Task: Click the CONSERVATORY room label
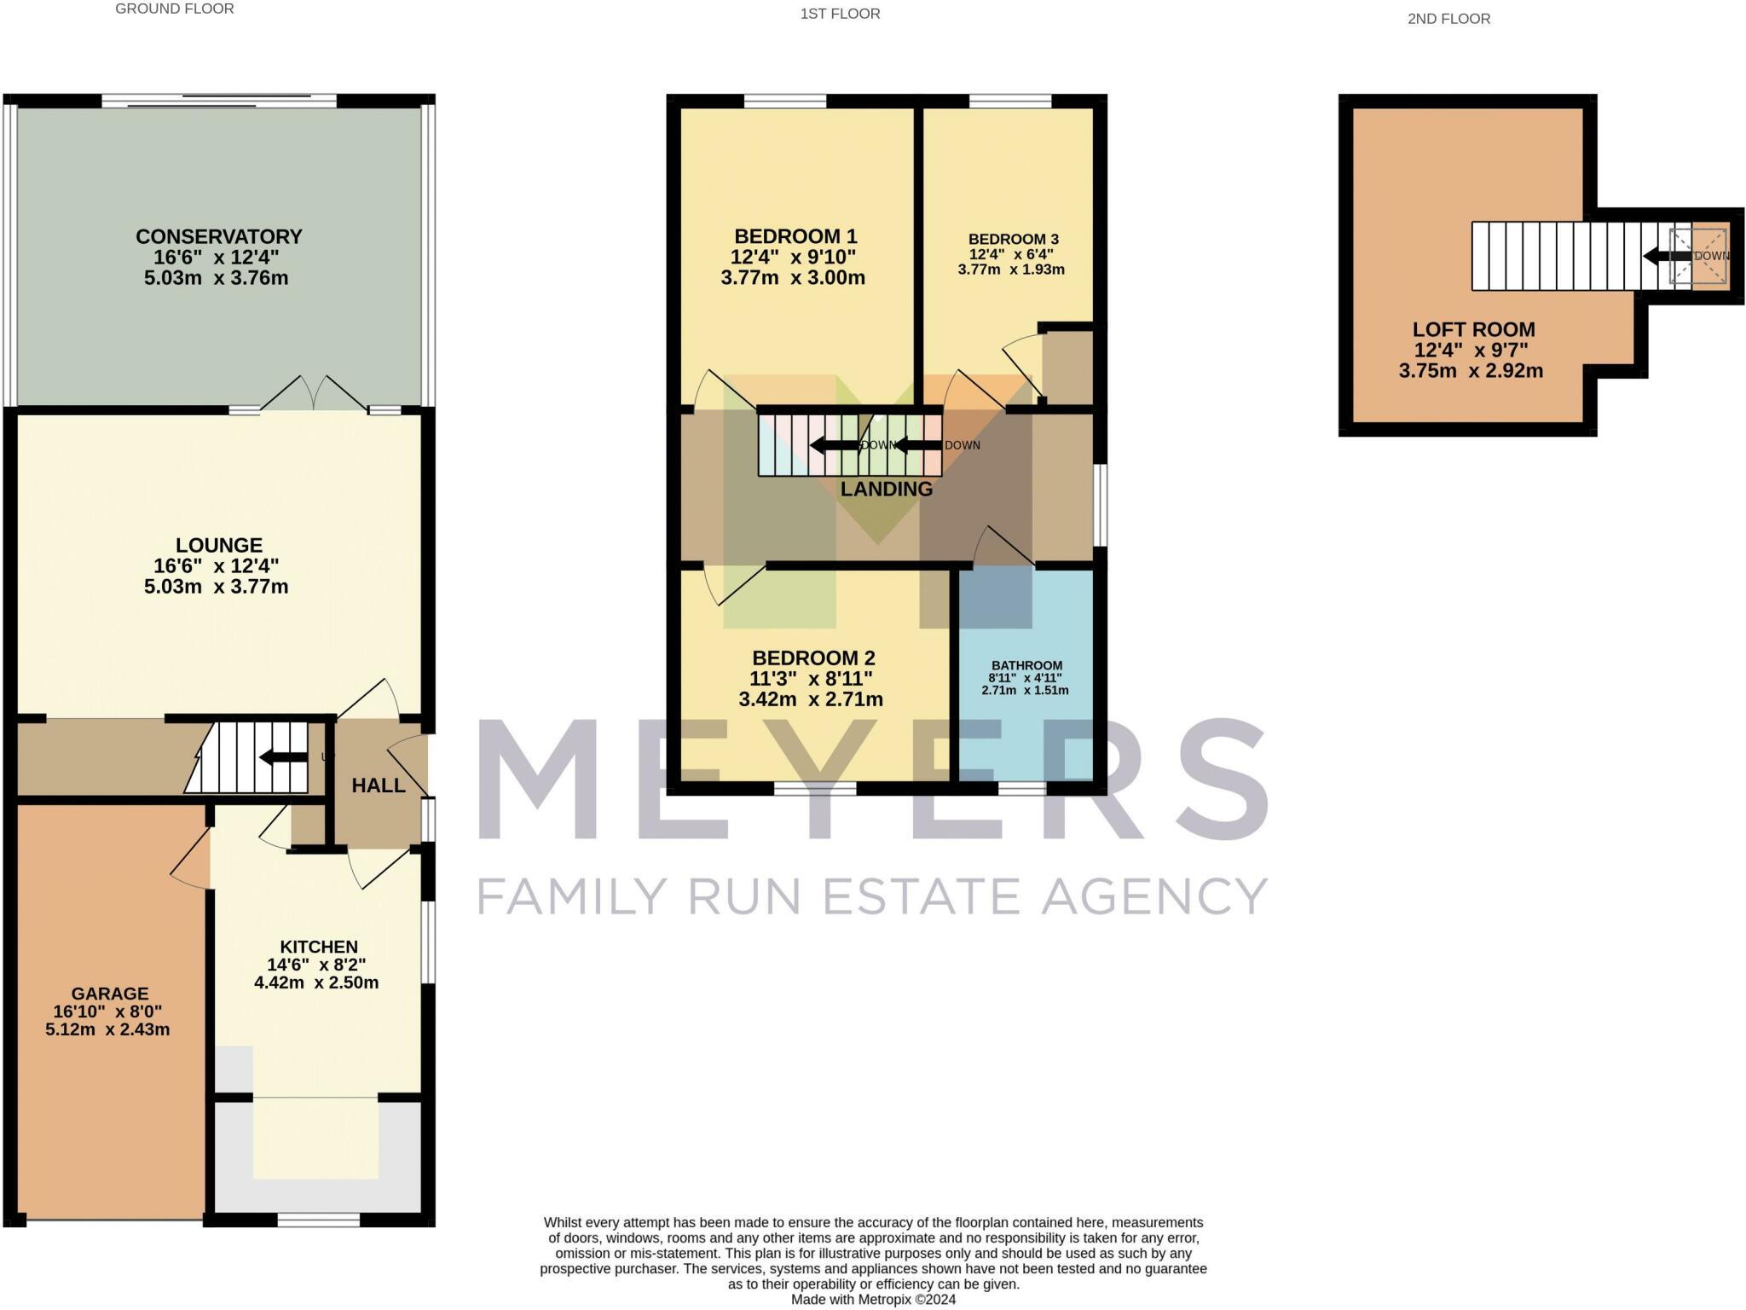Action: coord(219,237)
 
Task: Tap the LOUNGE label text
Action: coord(219,546)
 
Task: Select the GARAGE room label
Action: coord(110,994)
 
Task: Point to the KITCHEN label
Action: coord(319,947)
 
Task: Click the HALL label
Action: coord(379,785)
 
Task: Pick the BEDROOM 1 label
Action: coord(795,237)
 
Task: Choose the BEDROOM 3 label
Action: coord(1013,240)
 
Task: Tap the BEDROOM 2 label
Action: coord(813,658)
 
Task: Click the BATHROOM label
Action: coord(1026,666)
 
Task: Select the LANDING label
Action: coord(887,490)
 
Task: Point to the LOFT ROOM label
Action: coord(1473,330)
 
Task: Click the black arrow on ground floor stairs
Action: coord(283,757)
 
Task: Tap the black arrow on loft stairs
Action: coord(1667,256)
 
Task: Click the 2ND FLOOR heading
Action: coord(1448,19)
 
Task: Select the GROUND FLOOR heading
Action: coord(175,9)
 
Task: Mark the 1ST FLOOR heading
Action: coord(840,14)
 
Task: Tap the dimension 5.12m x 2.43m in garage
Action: coord(107,1030)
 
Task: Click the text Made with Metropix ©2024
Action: coord(873,1300)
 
